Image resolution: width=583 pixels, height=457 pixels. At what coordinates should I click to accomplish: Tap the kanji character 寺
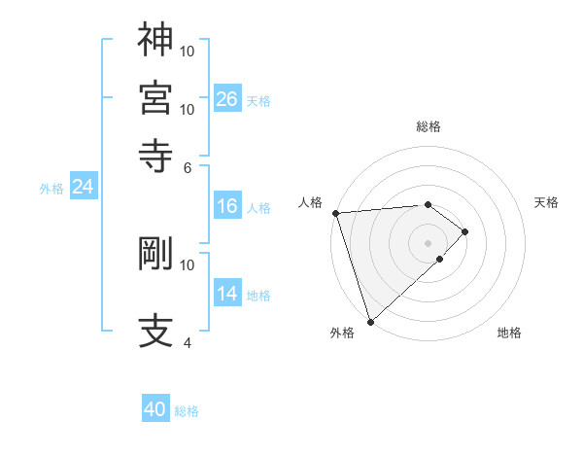point(155,154)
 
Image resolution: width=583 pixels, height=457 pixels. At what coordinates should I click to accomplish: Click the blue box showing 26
point(227,98)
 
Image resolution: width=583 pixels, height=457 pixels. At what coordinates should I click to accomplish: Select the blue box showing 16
point(227,206)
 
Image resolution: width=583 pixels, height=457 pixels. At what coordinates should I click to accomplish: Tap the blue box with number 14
point(227,294)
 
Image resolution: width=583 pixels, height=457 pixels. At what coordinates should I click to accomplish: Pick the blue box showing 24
point(84,187)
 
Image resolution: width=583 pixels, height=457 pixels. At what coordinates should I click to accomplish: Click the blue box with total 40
point(155,409)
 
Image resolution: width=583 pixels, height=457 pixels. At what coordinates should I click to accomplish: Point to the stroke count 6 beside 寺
point(188,166)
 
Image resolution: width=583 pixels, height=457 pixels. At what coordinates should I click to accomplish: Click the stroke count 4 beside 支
point(188,343)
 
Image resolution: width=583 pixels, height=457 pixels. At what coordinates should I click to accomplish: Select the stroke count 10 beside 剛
point(188,264)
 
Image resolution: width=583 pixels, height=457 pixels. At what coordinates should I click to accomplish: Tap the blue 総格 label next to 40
point(188,411)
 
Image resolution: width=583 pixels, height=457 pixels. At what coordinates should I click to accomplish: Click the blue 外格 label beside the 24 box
point(51,189)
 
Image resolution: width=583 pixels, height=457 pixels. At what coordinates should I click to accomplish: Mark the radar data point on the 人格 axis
point(335,212)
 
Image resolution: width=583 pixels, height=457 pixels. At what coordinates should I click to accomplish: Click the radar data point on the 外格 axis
point(370,320)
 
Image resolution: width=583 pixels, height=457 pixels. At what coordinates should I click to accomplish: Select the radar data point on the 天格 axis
point(465,231)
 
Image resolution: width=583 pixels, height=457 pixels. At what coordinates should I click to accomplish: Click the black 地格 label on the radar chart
point(509,333)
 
